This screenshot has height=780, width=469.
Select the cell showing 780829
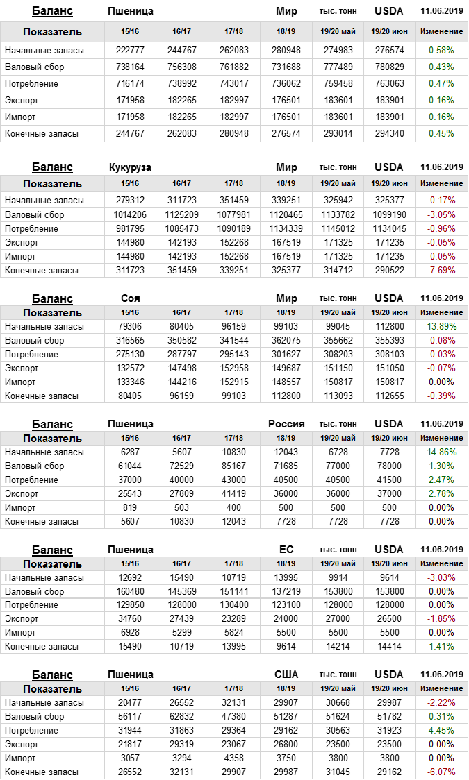point(389,67)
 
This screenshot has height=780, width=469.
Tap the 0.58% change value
point(441,51)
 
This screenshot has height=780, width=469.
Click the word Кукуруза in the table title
point(131,167)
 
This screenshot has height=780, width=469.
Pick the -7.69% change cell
point(441,271)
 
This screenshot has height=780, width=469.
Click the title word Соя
point(131,298)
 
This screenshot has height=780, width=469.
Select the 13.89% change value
point(441,327)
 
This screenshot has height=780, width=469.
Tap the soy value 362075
point(286,341)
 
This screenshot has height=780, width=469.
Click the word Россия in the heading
point(286,424)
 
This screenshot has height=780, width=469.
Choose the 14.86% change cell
point(441,452)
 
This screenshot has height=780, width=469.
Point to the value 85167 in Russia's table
point(234,466)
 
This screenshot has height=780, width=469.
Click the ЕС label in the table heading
point(286,550)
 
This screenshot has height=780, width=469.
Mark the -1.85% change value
point(441,619)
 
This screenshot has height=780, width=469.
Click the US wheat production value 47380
point(234,717)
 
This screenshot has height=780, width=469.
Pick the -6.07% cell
point(441,772)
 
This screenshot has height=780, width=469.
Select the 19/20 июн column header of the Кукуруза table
point(389,183)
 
